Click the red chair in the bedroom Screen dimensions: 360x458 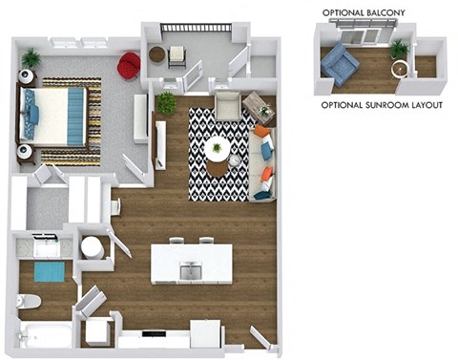128,66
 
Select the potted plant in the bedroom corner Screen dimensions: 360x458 31,59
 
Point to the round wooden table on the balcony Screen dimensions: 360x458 157,54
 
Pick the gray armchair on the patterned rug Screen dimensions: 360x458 226,104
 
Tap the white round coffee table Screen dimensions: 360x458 219,148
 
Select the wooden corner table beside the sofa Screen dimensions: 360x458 257,105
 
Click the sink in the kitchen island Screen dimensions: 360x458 191,271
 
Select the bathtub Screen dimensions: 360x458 44,335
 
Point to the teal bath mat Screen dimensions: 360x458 48,272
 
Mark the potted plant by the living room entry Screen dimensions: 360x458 167,101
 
